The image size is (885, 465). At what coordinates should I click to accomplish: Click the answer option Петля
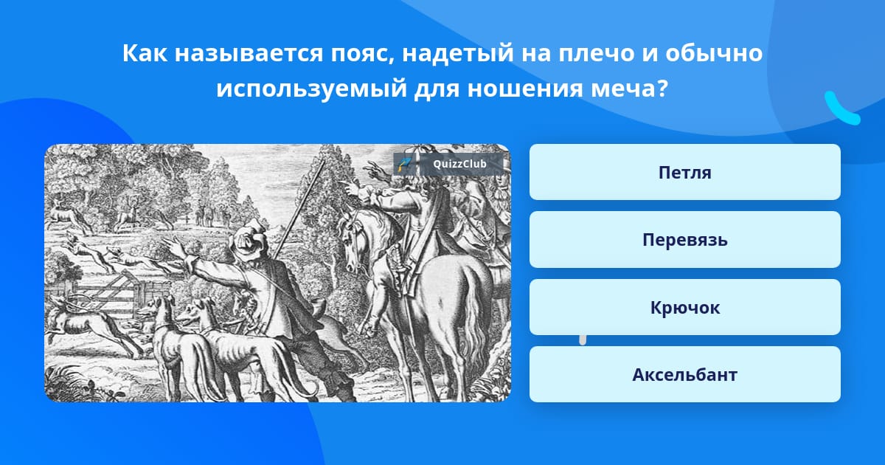click(684, 172)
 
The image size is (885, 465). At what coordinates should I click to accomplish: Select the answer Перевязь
click(684, 240)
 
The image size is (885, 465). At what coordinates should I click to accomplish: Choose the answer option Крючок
click(684, 307)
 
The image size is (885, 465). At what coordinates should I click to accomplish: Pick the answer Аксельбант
click(684, 374)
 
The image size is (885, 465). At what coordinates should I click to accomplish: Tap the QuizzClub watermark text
click(459, 164)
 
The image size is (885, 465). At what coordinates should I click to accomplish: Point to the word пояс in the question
click(362, 53)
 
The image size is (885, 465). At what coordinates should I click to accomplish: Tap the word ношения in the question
click(525, 88)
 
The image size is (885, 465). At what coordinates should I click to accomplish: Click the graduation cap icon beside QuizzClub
click(404, 164)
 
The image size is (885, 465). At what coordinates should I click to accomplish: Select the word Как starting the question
click(145, 53)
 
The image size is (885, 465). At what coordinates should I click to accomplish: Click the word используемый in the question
click(312, 88)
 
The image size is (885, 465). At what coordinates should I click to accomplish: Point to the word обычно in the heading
click(714, 53)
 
